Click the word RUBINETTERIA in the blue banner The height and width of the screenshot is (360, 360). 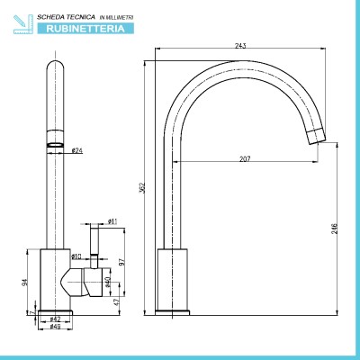click(x=85, y=29)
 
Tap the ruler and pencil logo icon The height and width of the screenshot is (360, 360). click(x=22, y=24)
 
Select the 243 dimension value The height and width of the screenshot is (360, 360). click(x=240, y=46)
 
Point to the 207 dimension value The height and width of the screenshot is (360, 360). click(x=245, y=159)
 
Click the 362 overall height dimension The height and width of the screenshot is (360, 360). click(x=143, y=188)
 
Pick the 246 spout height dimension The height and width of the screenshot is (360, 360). click(x=335, y=229)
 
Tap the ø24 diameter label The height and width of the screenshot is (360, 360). click(x=77, y=150)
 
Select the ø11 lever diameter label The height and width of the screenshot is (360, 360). click(x=112, y=221)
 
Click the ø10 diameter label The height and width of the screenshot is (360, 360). click(x=76, y=256)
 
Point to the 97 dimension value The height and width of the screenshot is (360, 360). click(x=121, y=262)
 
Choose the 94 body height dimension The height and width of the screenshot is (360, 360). click(x=25, y=282)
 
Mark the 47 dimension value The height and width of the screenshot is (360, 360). click(x=117, y=301)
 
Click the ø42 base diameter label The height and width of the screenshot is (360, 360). click(x=55, y=319)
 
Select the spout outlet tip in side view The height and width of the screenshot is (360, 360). click(x=317, y=136)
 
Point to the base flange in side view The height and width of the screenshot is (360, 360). click(x=172, y=312)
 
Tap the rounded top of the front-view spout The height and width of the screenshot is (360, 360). click(x=56, y=66)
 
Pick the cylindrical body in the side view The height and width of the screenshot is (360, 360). click(x=173, y=279)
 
